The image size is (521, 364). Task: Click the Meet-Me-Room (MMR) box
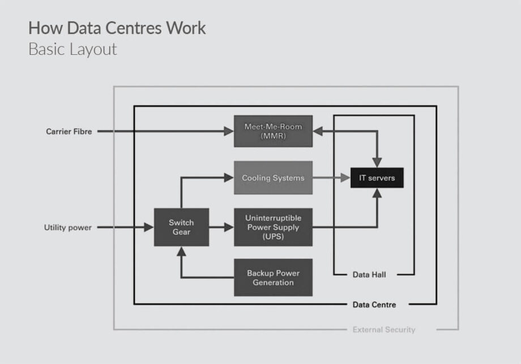pos(273,131)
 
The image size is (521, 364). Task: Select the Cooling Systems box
pos(273,178)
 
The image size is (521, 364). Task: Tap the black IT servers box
pos(377,178)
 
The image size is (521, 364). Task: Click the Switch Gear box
pos(181,227)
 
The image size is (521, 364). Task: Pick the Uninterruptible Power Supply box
pos(273,227)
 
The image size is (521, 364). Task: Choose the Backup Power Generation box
pos(273,278)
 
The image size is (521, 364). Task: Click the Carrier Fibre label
pos(69,131)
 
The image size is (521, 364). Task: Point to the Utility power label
pos(68,228)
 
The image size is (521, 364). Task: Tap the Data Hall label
pos(370,275)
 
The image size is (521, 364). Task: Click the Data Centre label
pos(374,305)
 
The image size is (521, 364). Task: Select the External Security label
pos(383,330)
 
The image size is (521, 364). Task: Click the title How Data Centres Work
pos(117,28)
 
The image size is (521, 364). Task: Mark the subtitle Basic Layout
pos(72,49)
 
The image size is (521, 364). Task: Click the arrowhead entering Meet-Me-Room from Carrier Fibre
pos(229,131)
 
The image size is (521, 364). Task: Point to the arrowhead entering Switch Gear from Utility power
pos(149,228)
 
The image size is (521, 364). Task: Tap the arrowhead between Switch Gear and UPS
pos(229,228)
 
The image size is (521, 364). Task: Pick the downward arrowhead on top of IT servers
pos(377,162)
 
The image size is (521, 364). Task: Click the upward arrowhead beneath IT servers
pos(377,193)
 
